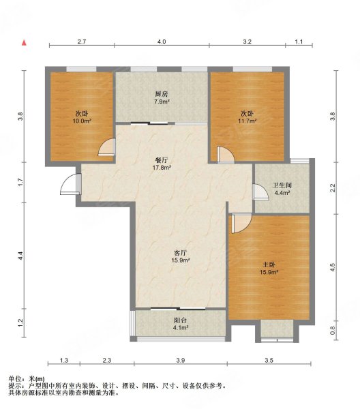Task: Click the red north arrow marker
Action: (x=24, y=42)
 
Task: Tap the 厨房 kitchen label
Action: (x=162, y=94)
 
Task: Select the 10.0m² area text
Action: (x=82, y=121)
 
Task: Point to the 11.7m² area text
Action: (x=247, y=121)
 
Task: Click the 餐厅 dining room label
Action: (x=162, y=160)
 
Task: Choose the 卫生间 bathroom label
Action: (x=282, y=185)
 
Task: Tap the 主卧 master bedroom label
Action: (x=269, y=264)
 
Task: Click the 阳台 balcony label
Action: (x=180, y=320)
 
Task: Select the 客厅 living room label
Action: (x=180, y=253)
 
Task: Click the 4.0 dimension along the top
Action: (x=162, y=42)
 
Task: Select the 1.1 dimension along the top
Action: (x=299, y=42)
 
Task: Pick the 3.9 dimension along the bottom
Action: (x=180, y=361)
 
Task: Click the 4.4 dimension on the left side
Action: (x=21, y=256)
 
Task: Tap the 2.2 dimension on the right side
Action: (x=332, y=188)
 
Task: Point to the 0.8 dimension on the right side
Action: (x=332, y=331)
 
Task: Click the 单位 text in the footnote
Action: (x=14, y=379)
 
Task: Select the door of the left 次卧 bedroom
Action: (x=107, y=148)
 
